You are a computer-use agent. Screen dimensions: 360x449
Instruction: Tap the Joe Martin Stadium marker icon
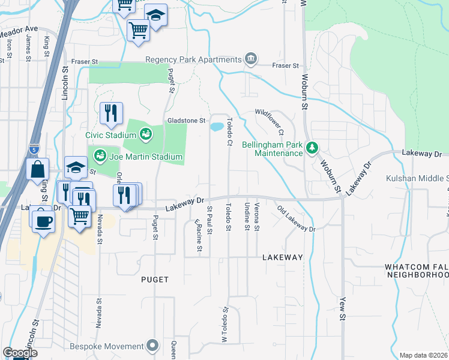pyautogui.click(x=100, y=157)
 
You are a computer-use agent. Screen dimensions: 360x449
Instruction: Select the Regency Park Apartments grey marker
pyautogui.click(x=251, y=59)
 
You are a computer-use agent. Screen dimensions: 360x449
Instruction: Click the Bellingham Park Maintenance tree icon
pyautogui.click(x=311, y=147)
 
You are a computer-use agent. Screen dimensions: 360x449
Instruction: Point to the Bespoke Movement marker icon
pyautogui.click(x=153, y=346)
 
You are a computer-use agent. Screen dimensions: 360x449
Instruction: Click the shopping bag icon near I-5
pyautogui.click(x=37, y=170)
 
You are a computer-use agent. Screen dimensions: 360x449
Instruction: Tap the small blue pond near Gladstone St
pyautogui.click(x=215, y=127)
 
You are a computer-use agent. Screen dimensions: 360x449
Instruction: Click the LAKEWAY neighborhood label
pyautogui.click(x=283, y=257)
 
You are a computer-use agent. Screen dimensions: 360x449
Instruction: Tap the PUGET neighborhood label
pyautogui.click(x=155, y=280)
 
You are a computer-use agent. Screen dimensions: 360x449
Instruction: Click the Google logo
pyautogui.click(x=20, y=353)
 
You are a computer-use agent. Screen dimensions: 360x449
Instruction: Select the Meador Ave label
pyautogui.click(x=19, y=29)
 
